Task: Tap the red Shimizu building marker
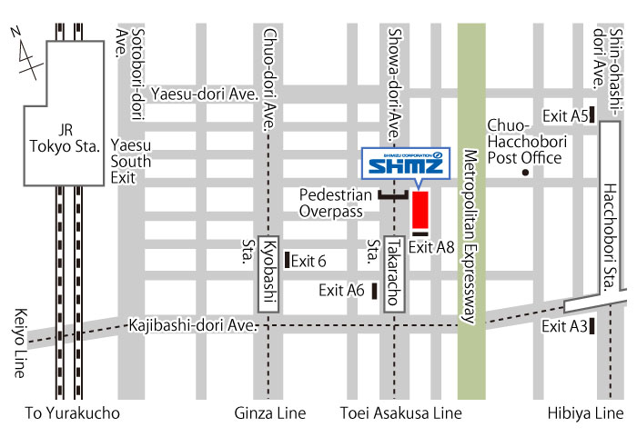pos(420,211)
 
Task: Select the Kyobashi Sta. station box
pos(269,270)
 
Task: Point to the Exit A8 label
pos(431,246)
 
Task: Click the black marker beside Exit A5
pos(592,114)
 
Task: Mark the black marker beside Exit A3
pos(592,326)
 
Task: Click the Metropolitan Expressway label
pos(470,237)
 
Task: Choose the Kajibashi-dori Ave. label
pos(194,324)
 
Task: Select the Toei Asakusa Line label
pos(401,413)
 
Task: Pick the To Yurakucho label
pos(73,413)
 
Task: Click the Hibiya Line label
pos(586,413)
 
